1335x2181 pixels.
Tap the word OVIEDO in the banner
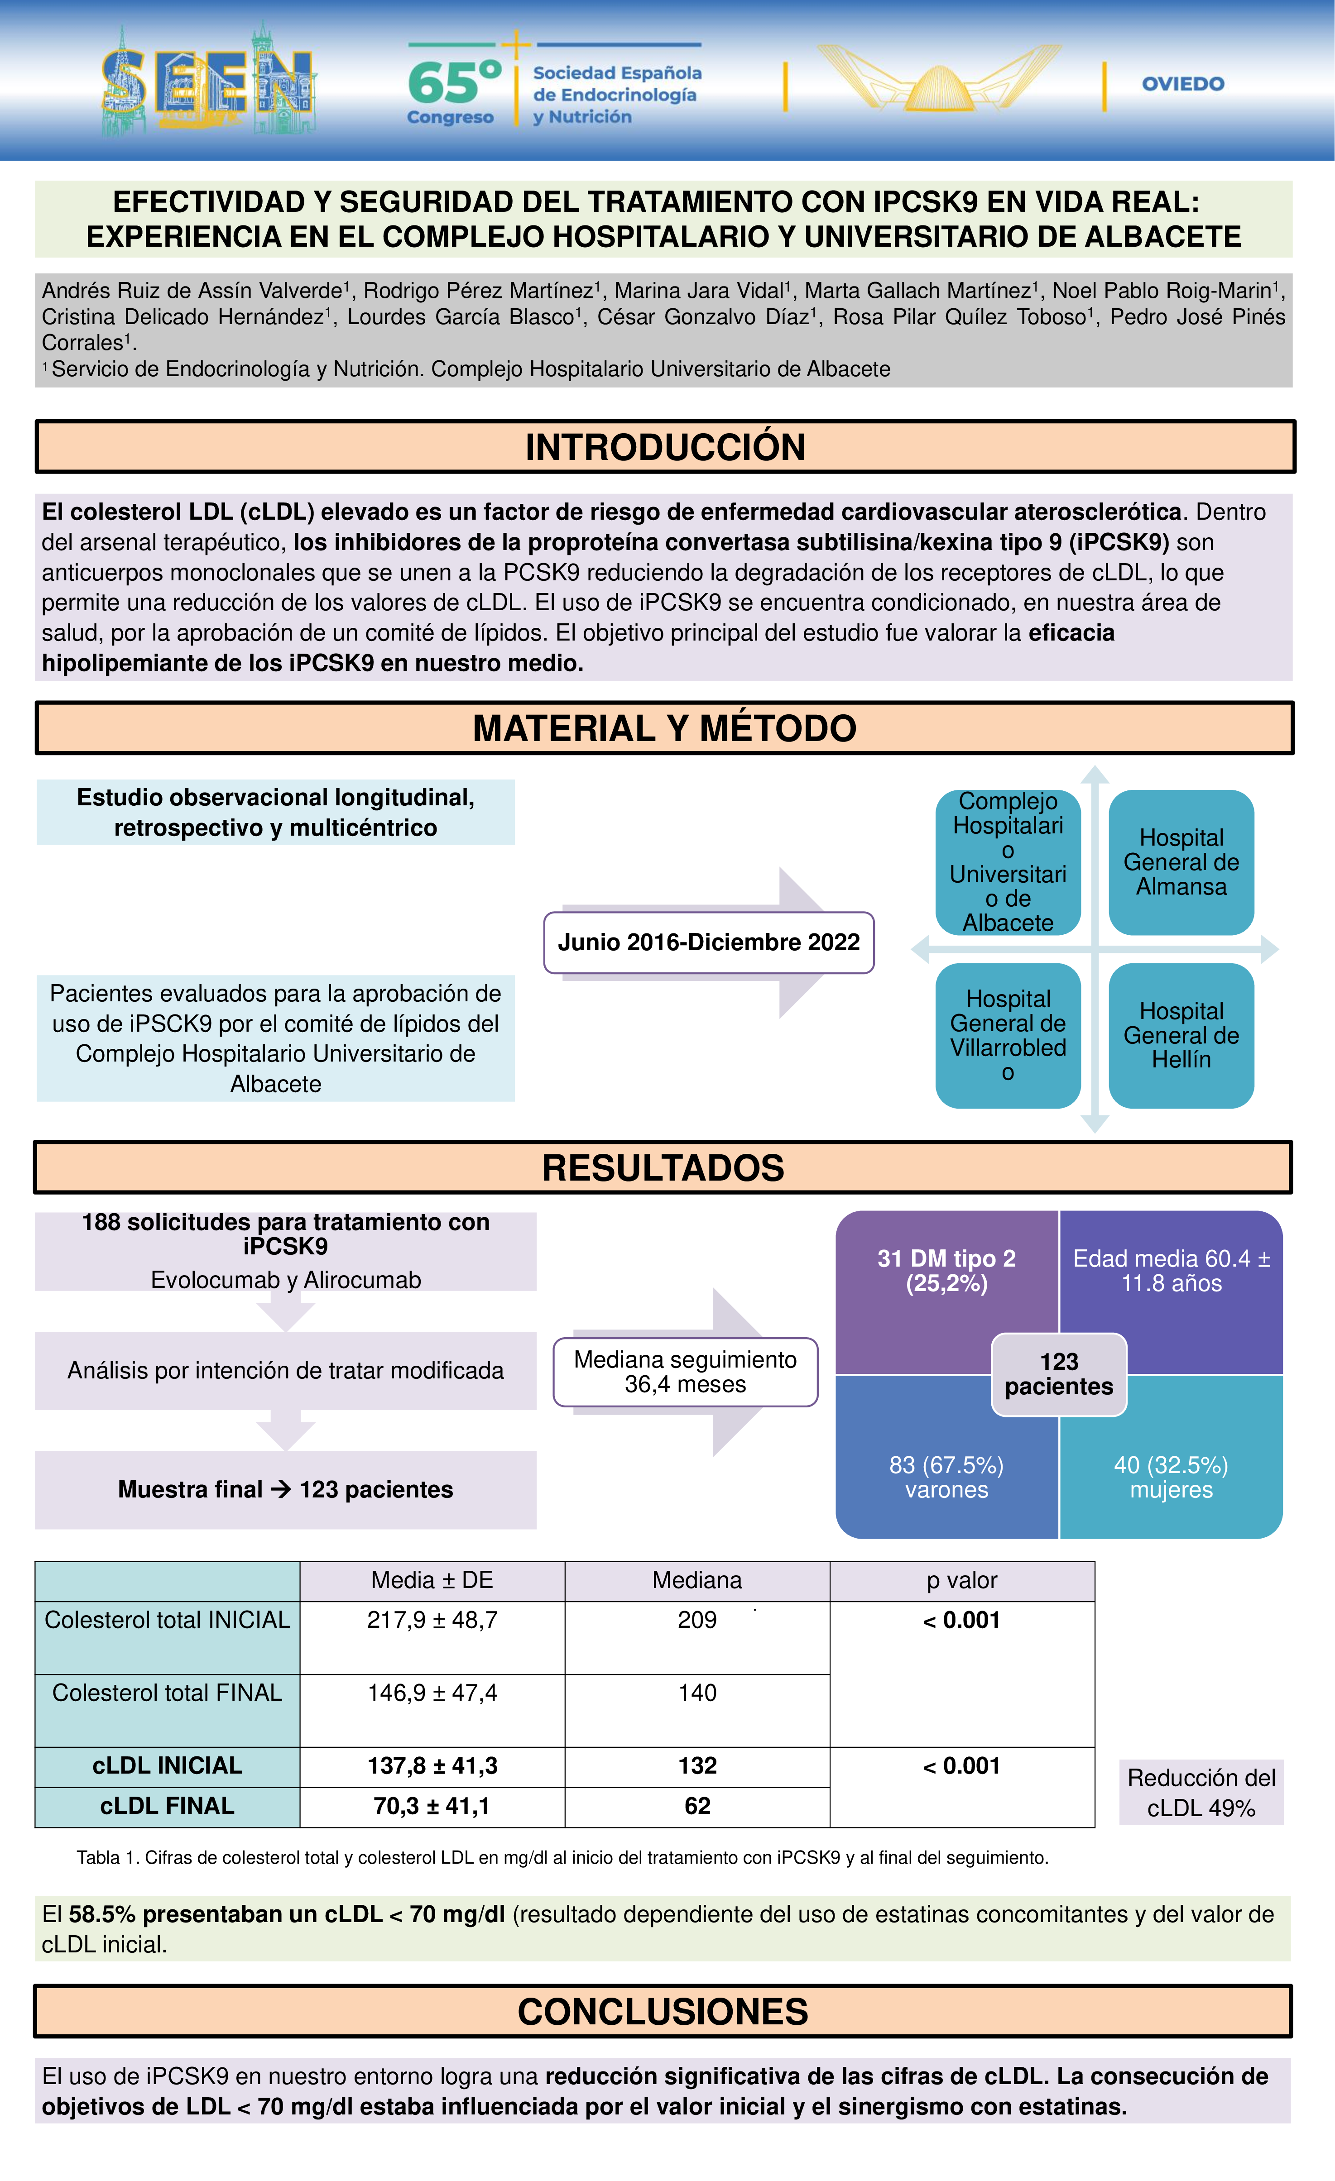click(1183, 84)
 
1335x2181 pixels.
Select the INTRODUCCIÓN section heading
click(665, 447)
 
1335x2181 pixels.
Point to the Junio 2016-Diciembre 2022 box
click(708, 942)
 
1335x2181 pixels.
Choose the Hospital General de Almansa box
click(1181, 862)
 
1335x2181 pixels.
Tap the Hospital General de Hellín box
click(1181, 1036)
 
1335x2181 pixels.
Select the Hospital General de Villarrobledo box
click(1008, 1036)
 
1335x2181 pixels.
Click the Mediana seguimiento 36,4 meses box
click(685, 1372)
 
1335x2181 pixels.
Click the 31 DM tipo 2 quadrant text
click(946, 1271)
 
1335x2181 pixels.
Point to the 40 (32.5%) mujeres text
click(1170, 1477)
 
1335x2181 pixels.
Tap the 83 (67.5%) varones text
click(946, 1477)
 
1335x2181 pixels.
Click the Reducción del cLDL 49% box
click(1201, 1793)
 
